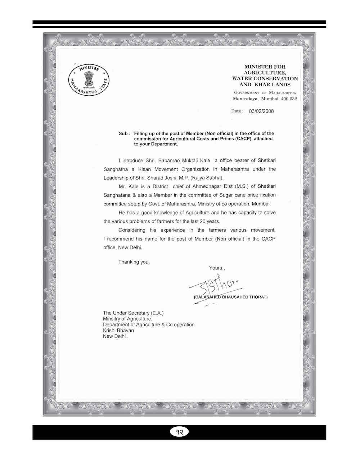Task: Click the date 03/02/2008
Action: click(x=261, y=111)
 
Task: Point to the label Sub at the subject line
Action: click(x=124, y=133)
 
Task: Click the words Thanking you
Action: click(x=134, y=262)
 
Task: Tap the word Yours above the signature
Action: click(x=216, y=268)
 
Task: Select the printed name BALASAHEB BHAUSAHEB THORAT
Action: click(x=230, y=298)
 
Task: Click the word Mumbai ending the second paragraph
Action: click(x=261, y=204)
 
